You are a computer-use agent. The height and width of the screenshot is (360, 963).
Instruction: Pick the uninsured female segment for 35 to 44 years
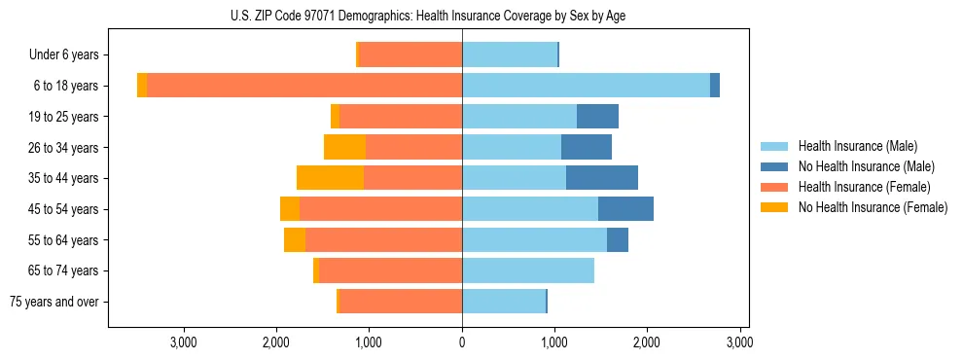tap(330, 178)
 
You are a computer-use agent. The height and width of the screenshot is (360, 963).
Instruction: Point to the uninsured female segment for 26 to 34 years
tap(344, 147)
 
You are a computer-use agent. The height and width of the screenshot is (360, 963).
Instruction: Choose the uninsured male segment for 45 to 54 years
tap(625, 209)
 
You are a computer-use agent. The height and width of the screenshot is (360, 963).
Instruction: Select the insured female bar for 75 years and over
tap(400, 302)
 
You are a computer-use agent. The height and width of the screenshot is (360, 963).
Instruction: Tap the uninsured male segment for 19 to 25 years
tap(597, 117)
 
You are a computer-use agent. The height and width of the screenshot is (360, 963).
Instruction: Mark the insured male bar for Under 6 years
tap(509, 54)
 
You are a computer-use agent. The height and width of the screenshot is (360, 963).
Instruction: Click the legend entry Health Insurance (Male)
tap(857, 146)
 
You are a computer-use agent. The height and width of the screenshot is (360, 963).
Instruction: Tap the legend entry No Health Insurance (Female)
tap(872, 207)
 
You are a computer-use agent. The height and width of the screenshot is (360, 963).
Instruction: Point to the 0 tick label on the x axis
tap(462, 342)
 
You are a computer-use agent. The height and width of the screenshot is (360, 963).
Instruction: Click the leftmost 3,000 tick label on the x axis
tap(184, 342)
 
